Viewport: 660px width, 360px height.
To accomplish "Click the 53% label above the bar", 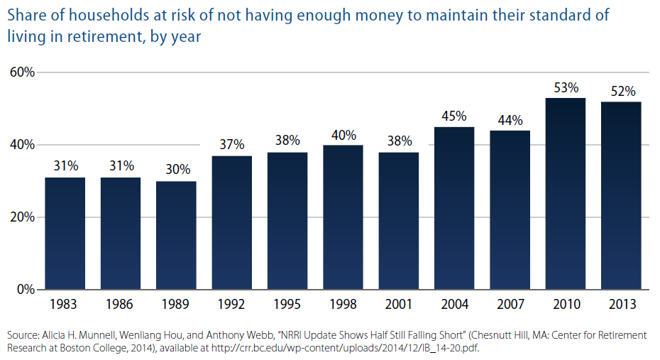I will [x=566, y=88].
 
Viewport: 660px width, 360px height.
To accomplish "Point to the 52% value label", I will [x=622, y=92].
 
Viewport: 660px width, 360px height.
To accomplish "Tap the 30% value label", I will [x=176, y=170].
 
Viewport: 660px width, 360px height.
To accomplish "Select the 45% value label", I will [x=454, y=116].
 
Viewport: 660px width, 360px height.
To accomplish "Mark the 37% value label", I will [x=232, y=145].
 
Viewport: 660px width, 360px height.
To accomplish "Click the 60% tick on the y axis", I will [x=23, y=72].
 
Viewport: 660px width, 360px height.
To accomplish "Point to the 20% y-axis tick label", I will [x=23, y=217].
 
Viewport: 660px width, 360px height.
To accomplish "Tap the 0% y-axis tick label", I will [x=26, y=290].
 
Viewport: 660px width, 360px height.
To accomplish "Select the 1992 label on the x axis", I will [x=232, y=305].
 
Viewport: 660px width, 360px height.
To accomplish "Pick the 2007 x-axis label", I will [x=510, y=305].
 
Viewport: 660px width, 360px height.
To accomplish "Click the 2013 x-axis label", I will [x=622, y=305].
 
